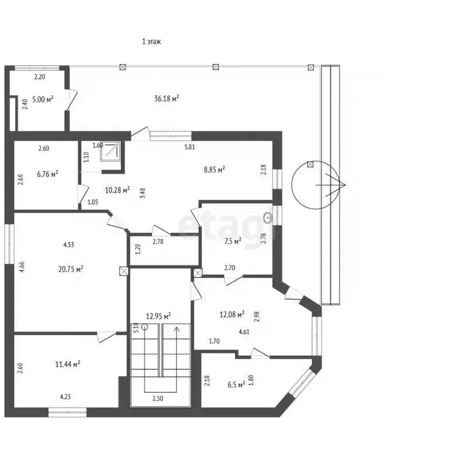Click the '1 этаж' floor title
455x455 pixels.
[x=151, y=41]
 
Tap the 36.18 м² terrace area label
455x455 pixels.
[x=166, y=98]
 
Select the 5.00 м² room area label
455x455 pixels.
[x=43, y=100]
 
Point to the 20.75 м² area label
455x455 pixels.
[x=71, y=269]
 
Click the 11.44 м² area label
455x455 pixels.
[x=68, y=364]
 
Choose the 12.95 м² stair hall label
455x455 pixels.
[x=158, y=316]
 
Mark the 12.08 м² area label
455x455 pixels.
[x=232, y=314]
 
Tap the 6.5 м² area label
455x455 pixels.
[x=236, y=384]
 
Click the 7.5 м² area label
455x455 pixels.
[x=233, y=241]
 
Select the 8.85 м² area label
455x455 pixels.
[x=214, y=169]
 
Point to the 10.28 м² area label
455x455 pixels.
[x=117, y=190]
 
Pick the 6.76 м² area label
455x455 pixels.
[x=47, y=174]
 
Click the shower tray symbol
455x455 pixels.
[x=110, y=151]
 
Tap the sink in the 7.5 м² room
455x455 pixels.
[x=268, y=217]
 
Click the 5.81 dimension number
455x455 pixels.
[x=190, y=147]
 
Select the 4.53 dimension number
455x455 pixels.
[x=69, y=245]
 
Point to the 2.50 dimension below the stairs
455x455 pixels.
[x=158, y=398]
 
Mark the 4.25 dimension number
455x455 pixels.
[x=65, y=397]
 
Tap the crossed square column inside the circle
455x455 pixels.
[x=310, y=165]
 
